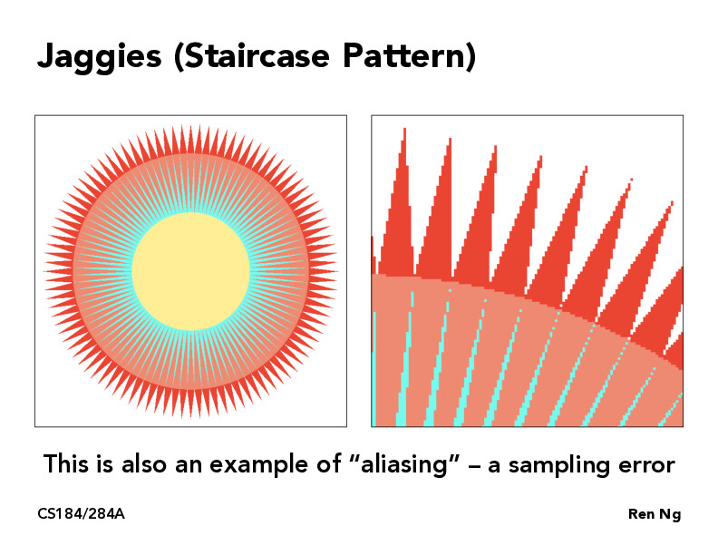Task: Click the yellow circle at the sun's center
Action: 190,271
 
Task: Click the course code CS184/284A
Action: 81,515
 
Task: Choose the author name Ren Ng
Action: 654,515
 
